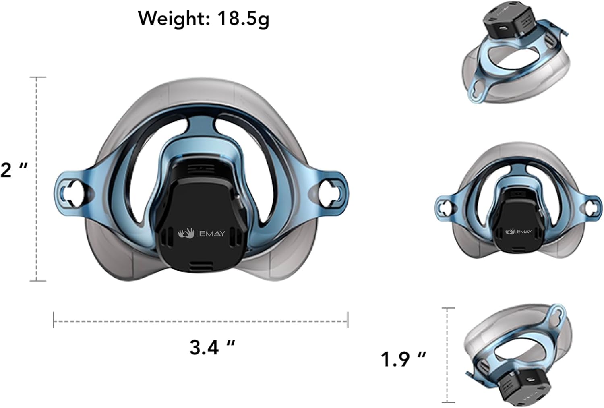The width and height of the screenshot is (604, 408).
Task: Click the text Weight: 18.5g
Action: pos(203,18)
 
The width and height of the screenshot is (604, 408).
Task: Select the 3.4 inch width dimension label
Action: pos(212,347)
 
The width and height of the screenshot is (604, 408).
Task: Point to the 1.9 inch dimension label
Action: pos(403,359)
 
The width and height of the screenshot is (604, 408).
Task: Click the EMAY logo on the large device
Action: pos(212,233)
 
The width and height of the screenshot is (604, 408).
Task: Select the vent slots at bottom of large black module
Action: pos(201,265)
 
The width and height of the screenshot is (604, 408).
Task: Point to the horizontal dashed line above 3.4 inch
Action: pos(201,321)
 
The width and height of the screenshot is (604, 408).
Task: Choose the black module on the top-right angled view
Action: pos(509,22)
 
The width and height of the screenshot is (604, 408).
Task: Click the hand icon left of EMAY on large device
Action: pos(186,233)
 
